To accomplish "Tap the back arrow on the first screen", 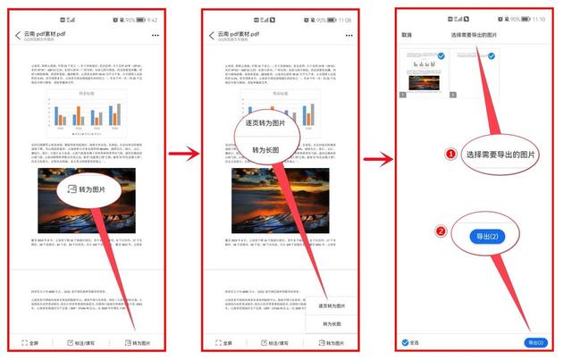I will tap(18, 36).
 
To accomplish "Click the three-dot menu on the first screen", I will tap(156, 36).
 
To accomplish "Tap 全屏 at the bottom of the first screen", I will tap(32, 343).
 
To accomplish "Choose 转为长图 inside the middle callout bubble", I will tap(267, 149).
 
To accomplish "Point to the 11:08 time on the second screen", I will tap(344, 19).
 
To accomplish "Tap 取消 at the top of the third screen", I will tap(407, 35).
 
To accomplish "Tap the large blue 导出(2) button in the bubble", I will tap(488, 237).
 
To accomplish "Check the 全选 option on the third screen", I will tap(410, 343).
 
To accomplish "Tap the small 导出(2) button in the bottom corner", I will tap(535, 343).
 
